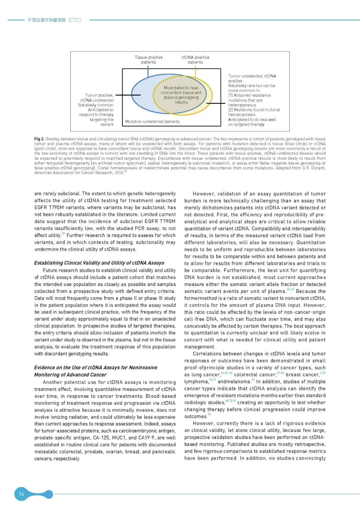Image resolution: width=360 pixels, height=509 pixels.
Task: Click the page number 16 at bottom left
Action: (21, 494)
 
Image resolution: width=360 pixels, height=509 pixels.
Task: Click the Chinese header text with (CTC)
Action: (54, 20)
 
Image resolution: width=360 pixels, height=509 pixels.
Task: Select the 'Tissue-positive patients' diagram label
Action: (148, 60)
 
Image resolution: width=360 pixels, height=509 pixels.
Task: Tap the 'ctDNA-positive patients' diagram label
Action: (195, 60)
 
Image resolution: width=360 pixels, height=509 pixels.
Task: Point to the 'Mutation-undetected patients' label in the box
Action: (152, 122)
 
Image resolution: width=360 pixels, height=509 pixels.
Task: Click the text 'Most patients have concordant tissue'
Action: (181, 90)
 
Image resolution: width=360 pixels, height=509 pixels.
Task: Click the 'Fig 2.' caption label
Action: (39, 139)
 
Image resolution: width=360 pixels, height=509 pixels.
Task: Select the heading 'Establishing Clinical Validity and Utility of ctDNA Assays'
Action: (99, 263)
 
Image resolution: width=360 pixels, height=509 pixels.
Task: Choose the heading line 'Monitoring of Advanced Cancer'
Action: (70, 375)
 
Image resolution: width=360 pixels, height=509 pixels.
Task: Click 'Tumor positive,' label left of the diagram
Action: (99, 95)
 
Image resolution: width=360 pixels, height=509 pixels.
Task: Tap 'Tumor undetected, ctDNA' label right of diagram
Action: (252, 76)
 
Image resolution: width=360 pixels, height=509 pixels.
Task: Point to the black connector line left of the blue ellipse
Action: (128, 95)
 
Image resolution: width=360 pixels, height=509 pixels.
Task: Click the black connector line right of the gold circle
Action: (216, 103)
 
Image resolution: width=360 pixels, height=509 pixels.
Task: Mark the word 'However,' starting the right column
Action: (203, 194)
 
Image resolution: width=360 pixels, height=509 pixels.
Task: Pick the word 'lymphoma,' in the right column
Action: (196, 382)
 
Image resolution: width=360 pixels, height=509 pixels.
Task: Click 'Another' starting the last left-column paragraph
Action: (53, 382)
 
